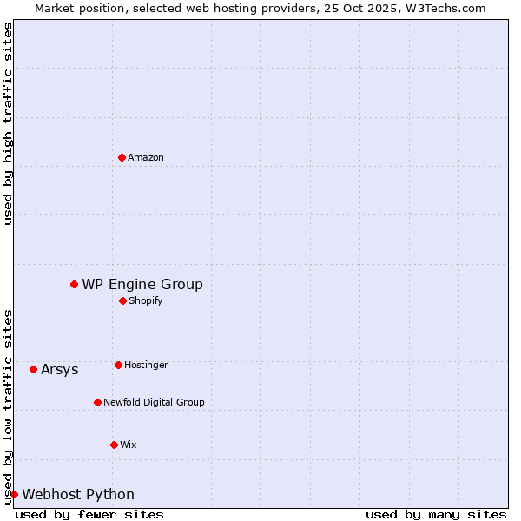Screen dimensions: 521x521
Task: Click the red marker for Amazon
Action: click(x=122, y=157)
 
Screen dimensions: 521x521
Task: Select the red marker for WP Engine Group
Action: click(x=74, y=284)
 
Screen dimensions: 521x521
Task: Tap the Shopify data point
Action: click(x=122, y=300)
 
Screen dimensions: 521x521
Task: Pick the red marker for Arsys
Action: click(x=33, y=369)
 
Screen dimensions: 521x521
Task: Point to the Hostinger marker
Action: click(x=118, y=365)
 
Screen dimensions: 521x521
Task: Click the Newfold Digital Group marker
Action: click(x=97, y=402)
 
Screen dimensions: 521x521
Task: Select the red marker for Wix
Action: click(x=114, y=445)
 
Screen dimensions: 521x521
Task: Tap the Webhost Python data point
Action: click(x=14, y=494)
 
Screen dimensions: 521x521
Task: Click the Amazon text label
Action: click(x=146, y=157)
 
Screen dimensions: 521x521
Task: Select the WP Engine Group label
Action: click(x=142, y=284)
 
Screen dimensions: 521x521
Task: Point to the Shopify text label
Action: click(x=146, y=300)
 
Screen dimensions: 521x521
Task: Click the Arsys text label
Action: click(x=60, y=369)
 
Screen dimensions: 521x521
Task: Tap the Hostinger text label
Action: click(x=146, y=365)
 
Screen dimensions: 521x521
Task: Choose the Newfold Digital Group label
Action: click(x=154, y=402)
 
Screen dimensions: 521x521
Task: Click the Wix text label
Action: click(x=129, y=445)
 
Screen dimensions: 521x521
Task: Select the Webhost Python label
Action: click(x=78, y=494)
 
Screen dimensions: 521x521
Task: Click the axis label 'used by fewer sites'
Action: click(x=89, y=514)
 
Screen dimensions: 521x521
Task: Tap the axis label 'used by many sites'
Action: click(x=436, y=514)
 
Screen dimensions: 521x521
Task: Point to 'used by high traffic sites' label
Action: click(x=8, y=123)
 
